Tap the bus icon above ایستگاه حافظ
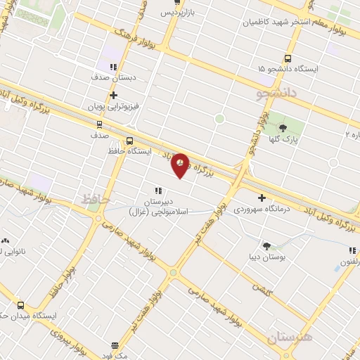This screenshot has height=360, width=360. pyautogui.click(x=129, y=140)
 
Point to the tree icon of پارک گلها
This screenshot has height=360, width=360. pyautogui.click(x=283, y=127)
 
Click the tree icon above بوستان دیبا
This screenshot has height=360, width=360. pyautogui.click(x=267, y=245)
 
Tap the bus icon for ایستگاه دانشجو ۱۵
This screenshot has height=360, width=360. pyautogui.click(x=287, y=58)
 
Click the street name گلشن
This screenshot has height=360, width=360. pyautogui.click(x=262, y=289)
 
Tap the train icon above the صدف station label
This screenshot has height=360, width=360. pyautogui.click(x=99, y=123)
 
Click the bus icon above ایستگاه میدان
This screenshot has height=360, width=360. pyautogui.click(x=20, y=305)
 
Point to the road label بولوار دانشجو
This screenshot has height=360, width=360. pyautogui.click(x=252, y=134)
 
